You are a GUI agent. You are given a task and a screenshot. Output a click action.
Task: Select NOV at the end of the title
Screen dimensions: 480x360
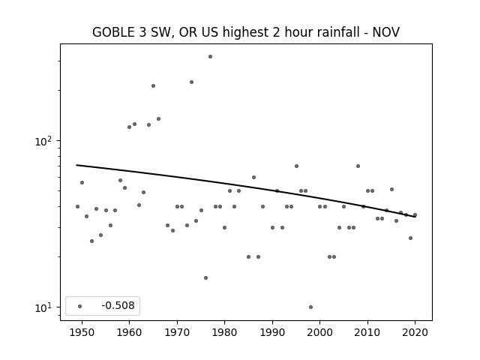[x=385, y=32]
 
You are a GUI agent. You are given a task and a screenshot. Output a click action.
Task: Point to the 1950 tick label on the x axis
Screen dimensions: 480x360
[x=82, y=332]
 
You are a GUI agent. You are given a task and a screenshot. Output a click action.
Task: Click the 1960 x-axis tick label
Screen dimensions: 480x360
[x=129, y=332]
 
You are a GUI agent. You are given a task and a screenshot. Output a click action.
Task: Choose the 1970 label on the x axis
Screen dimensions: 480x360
[x=177, y=332]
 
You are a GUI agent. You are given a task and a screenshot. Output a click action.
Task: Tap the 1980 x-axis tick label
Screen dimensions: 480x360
[x=224, y=332]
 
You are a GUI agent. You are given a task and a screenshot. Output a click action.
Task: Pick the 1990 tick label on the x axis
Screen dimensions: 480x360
[x=272, y=332]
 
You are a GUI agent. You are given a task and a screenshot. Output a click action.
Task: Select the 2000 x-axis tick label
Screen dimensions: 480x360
[x=319, y=332]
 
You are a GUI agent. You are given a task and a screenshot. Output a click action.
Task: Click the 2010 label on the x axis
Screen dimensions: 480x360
[x=367, y=332]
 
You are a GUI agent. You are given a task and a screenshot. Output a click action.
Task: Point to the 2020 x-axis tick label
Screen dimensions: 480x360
[x=415, y=332]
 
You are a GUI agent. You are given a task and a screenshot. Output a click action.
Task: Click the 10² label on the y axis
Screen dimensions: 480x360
[x=44, y=141]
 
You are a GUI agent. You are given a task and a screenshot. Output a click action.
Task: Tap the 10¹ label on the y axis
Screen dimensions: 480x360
[x=44, y=307]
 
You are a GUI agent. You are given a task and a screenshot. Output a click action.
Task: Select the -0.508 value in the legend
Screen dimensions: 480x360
[x=118, y=305]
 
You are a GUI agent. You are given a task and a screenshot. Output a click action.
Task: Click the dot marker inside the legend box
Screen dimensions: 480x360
[x=79, y=306]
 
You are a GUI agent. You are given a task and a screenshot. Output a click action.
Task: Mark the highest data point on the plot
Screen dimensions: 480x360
[x=210, y=57]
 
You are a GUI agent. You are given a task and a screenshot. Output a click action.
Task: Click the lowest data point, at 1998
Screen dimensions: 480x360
[x=310, y=307]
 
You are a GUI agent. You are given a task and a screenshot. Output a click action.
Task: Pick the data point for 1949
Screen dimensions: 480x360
[x=77, y=207]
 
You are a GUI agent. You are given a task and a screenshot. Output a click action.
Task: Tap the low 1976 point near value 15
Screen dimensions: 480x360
[x=205, y=278]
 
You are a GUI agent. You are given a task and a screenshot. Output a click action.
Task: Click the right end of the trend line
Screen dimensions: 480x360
[x=415, y=217]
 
